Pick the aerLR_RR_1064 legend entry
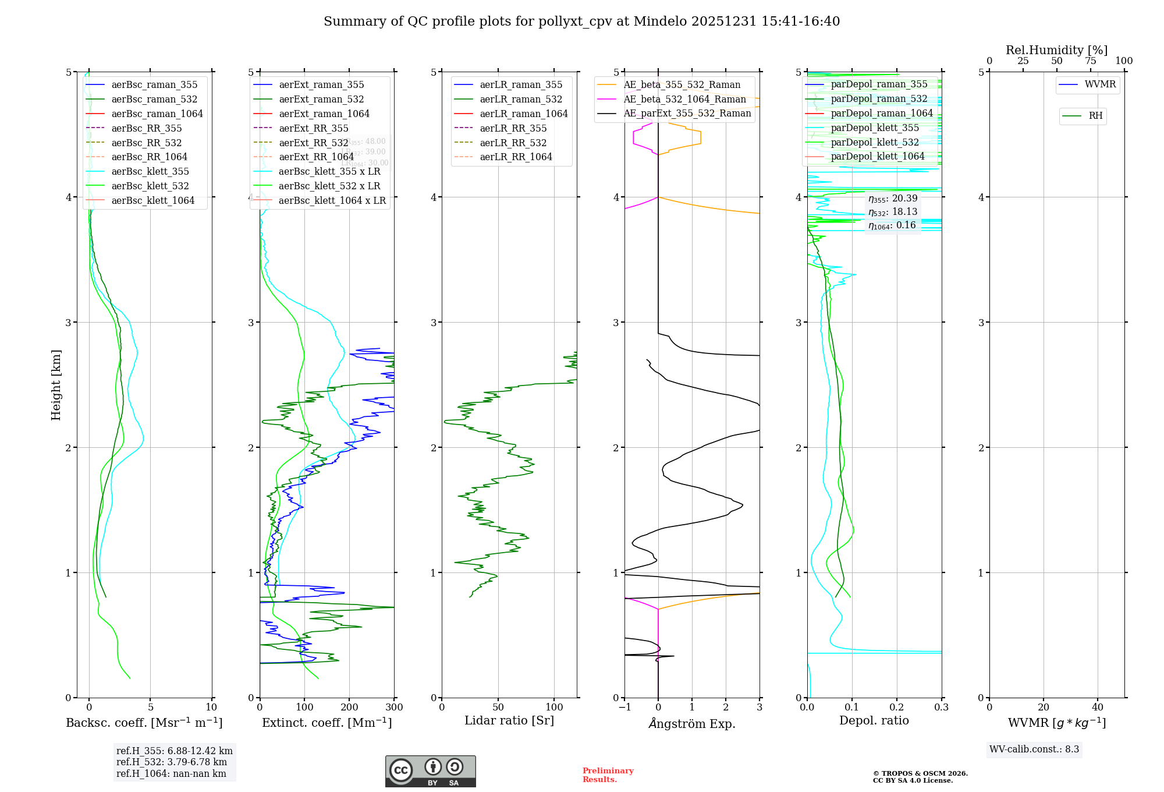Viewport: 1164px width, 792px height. pyautogui.click(x=516, y=157)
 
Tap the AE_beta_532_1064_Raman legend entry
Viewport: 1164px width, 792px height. pyautogui.click(x=684, y=99)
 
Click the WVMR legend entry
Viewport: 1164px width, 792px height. pyautogui.click(x=1099, y=84)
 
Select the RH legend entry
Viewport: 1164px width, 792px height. pyautogui.click(x=1095, y=116)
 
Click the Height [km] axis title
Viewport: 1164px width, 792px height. pyautogui.click(x=56, y=385)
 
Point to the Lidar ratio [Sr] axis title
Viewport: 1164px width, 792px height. pyautogui.click(x=509, y=720)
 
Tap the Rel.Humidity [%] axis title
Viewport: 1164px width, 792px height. pyautogui.click(x=1056, y=50)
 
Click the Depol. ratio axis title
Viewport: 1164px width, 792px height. pyautogui.click(x=874, y=720)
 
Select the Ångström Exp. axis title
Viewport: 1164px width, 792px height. pyautogui.click(x=691, y=723)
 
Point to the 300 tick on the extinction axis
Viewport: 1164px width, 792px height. pyautogui.click(x=394, y=707)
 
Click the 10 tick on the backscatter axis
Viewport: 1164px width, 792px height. pyautogui.click(x=211, y=707)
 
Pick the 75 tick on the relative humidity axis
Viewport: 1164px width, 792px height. pyautogui.click(x=1090, y=61)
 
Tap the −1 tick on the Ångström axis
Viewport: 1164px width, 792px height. pyautogui.click(x=624, y=707)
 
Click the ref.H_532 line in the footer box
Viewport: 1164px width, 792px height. pyautogui.click(x=172, y=762)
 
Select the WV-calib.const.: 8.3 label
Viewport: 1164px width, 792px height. pyautogui.click(x=1034, y=749)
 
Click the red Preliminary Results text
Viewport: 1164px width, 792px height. pyautogui.click(x=608, y=775)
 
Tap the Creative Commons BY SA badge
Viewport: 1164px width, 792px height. pyautogui.click(x=430, y=771)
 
